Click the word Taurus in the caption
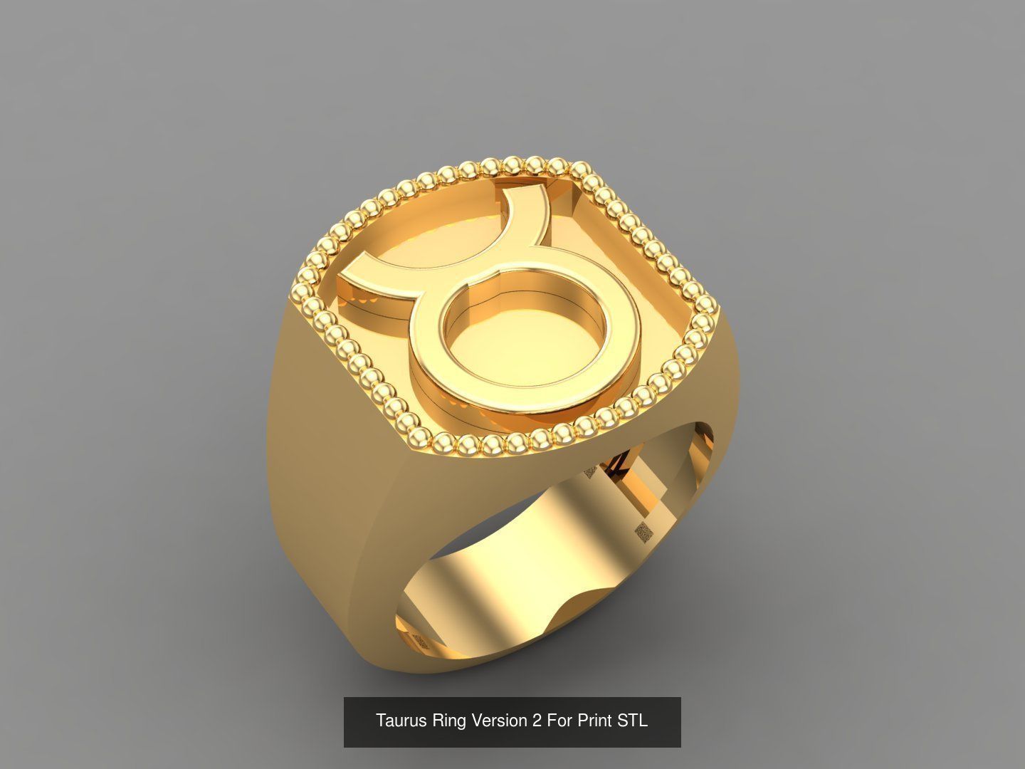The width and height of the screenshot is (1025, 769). (x=401, y=721)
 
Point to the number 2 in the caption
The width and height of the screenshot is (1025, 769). (x=536, y=721)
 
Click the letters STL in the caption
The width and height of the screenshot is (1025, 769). (x=632, y=721)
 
